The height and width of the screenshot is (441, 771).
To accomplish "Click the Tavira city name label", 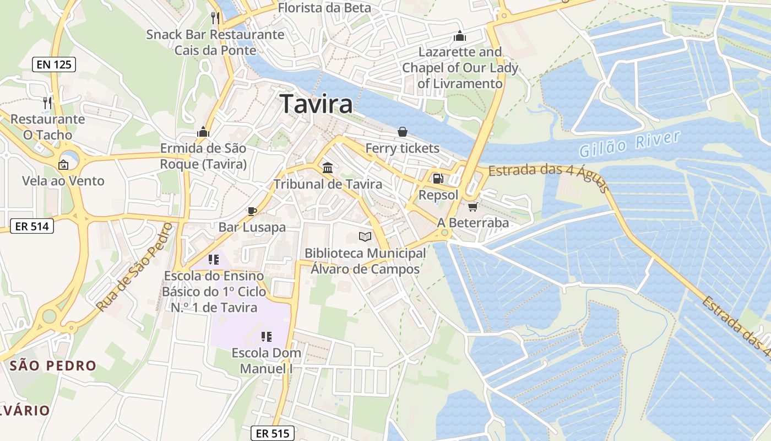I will click(x=316, y=104).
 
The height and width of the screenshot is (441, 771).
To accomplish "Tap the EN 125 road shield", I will click(x=53, y=64).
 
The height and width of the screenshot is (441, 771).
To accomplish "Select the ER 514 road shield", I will click(x=32, y=225).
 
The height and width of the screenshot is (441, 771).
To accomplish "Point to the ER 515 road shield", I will click(x=273, y=433).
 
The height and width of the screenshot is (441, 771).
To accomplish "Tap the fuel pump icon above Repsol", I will click(x=438, y=179).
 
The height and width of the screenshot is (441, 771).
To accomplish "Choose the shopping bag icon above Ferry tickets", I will click(x=403, y=132).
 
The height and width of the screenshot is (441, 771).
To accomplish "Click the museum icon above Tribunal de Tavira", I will click(x=328, y=168).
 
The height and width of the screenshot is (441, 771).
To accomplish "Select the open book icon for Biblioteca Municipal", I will click(x=365, y=237).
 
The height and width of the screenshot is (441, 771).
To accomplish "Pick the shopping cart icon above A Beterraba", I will click(x=473, y=207).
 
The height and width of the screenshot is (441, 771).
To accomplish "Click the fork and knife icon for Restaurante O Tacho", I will click(x=47, y=103).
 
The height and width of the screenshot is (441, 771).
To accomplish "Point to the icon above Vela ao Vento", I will click(x=63, y=164).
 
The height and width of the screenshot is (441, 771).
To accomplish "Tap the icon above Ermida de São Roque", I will click(x=203, y=132).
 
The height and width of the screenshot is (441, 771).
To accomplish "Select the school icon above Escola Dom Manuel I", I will click(x=267, y=336).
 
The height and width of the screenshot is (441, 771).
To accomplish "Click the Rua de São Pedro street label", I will click(x=134, y=267).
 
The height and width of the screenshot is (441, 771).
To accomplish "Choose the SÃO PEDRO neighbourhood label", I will click(x=53, y=365).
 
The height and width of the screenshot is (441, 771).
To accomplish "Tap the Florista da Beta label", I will click(x=324, y=8).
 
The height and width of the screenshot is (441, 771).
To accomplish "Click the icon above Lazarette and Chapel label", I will click(x=460, y=36).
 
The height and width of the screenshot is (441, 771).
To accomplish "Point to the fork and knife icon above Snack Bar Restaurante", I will click(x=215, y=18).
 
